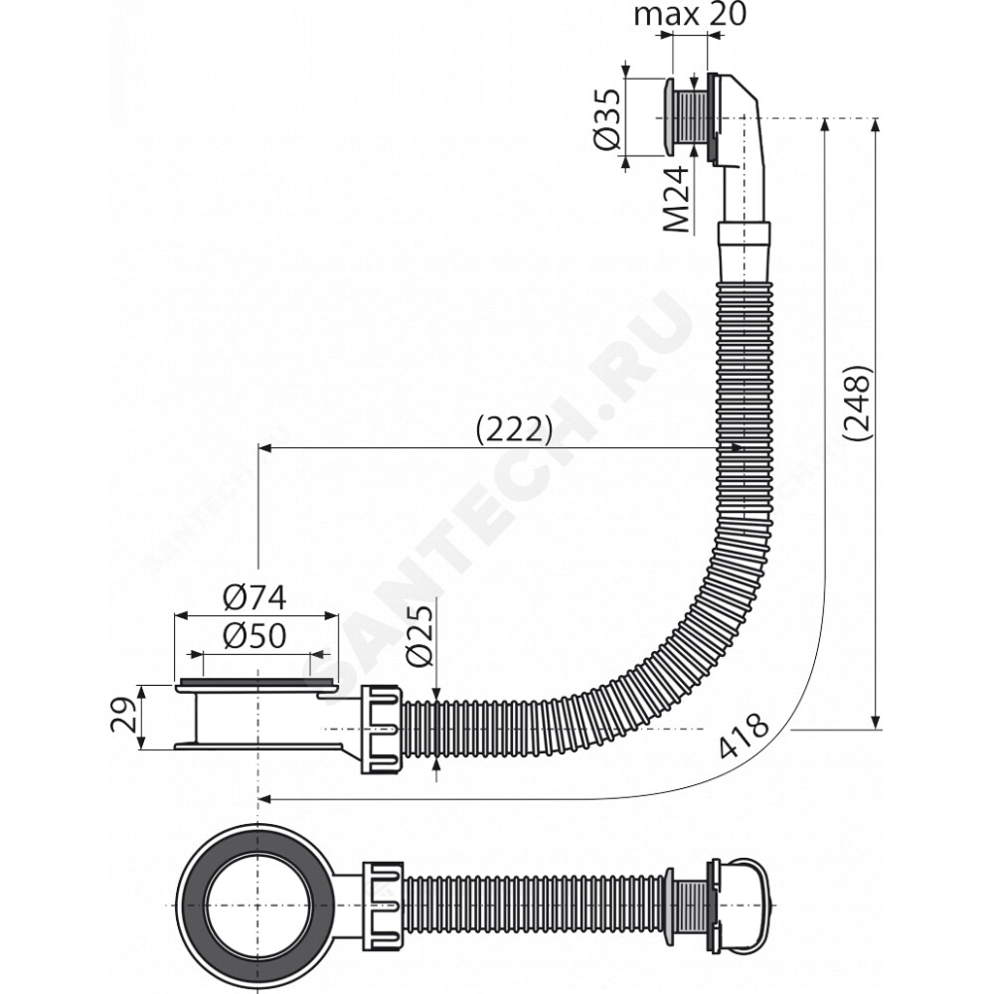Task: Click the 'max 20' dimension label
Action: (690, 14)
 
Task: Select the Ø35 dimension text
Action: (608, 119)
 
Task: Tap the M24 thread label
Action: (676, 199)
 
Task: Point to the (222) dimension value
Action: (514, 430)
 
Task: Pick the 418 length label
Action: (745, 736)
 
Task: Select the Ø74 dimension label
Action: (254, 597)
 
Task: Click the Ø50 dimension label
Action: (254, 636)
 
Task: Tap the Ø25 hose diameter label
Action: (420, 635)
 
